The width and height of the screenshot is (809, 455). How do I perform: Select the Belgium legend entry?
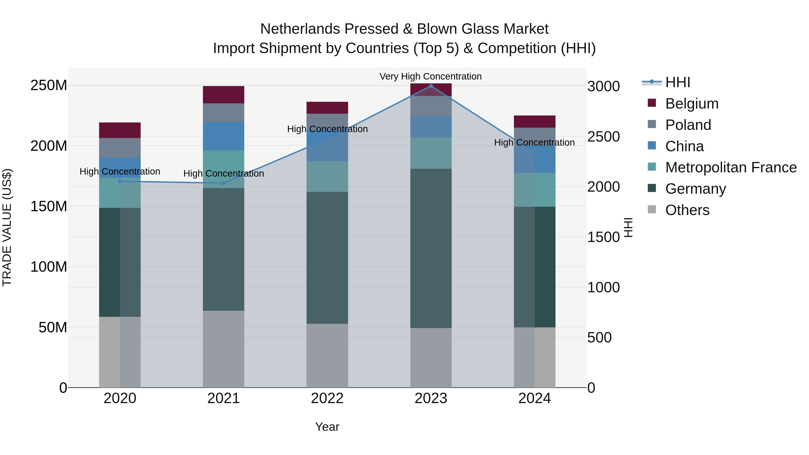pyautogui.click(x=691, y=104)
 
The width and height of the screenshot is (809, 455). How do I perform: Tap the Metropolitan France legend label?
pyautogui.click(x=731, y=168)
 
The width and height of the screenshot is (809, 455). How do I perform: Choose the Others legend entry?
pyautogui.click(x=687, y=210)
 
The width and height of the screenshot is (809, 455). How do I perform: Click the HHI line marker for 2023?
pyautogui.click(x=431, y=86)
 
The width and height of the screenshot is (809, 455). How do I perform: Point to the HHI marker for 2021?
pyautogui.click(x=224, y=183)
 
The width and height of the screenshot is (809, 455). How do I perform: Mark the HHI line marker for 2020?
pyautogui.click(x=120, y=181)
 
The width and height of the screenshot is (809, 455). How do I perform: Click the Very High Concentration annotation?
pyautogui.click(x=430, y=76)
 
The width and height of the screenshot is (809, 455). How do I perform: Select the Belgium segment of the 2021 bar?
pyautogui.click(x=224, y=95)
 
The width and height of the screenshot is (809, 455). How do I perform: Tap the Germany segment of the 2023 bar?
pyautogui.click(x=431, y=248)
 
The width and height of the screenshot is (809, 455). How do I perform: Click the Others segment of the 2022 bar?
pyautogui.click(x=327, y=355)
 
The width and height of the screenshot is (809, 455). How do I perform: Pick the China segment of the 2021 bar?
pyautogui.click(x=224, y=136)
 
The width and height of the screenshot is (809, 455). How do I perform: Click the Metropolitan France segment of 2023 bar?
pyautogui.click(x=431, y=153)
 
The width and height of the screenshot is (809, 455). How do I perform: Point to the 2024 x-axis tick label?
pyautogui.click(x=535, y=398)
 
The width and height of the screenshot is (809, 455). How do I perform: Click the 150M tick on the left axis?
pyautogui.click(x=49, y=206)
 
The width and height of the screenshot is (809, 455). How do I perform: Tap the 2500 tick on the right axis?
pyautogui.click(x=603, y=137)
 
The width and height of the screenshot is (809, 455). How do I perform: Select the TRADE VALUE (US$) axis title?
pyautogui.click(x=7, y=227)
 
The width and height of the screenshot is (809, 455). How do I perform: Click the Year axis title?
pyautogui.click(x=327, y=427)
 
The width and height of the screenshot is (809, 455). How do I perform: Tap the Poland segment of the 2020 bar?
pyautogui.click(x=120, y=148)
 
